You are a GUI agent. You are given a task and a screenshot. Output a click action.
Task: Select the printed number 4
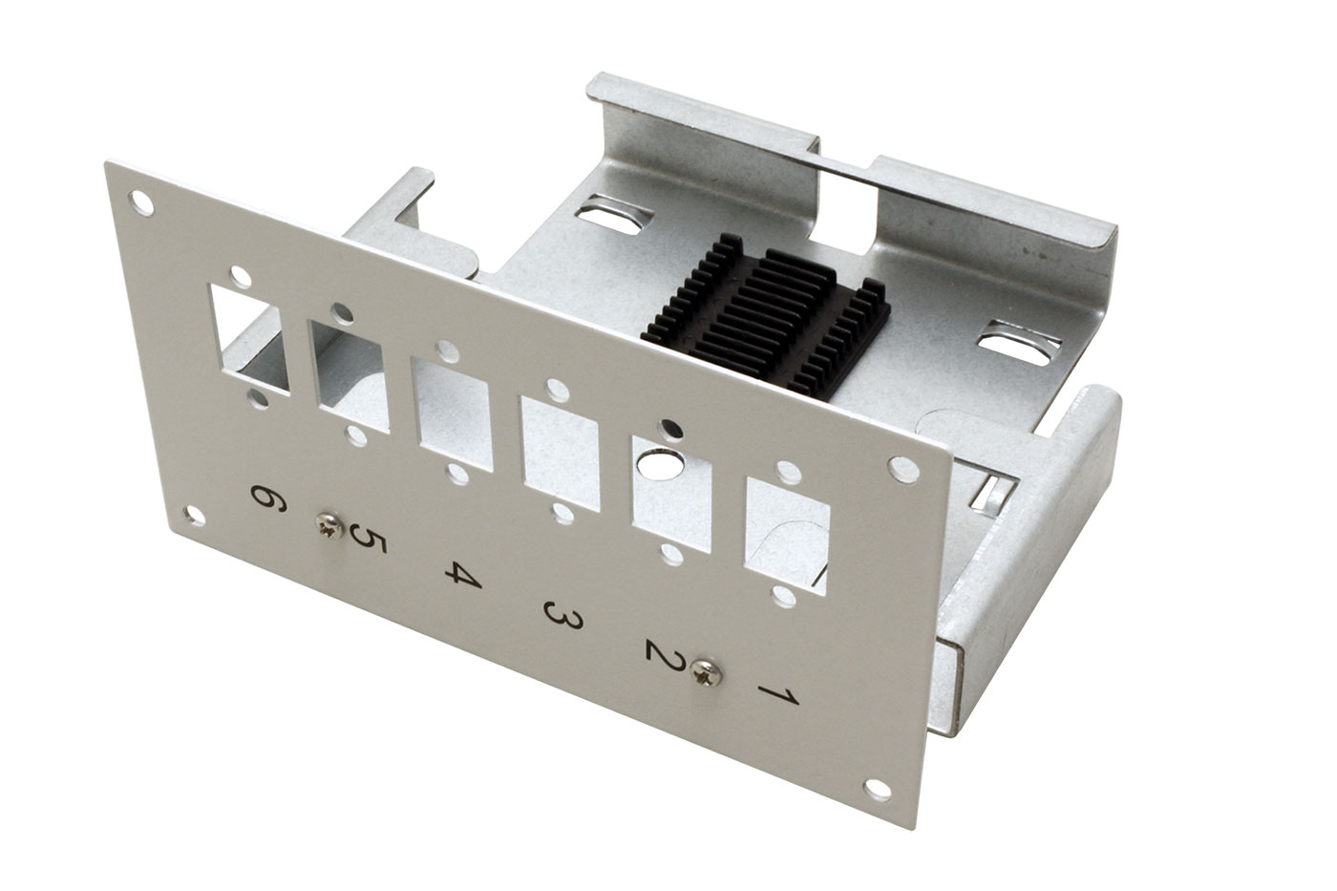tap(463, 574)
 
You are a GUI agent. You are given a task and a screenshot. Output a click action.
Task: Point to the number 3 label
tap(562, 615)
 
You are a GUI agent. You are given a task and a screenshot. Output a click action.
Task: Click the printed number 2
tap(666, 655)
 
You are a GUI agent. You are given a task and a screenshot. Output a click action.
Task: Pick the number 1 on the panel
tap(778, 694)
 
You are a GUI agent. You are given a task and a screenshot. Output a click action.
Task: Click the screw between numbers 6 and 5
tap(329, 526)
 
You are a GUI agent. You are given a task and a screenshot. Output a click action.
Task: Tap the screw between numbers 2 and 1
tap(706, 672)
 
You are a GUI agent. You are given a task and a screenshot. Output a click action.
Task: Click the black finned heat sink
tap(766, 317)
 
